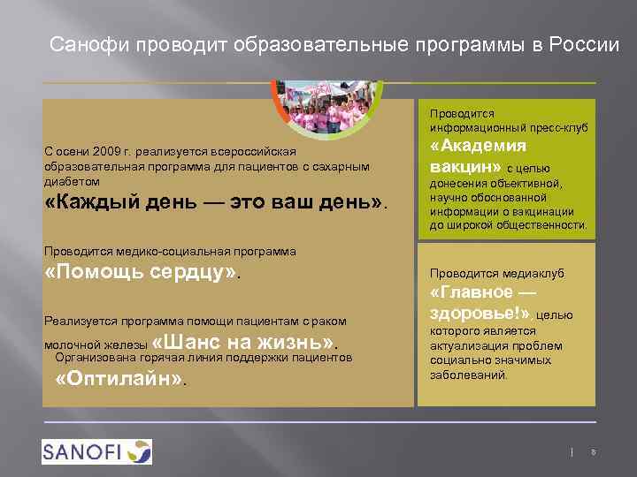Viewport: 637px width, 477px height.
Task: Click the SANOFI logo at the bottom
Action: click(96, 451)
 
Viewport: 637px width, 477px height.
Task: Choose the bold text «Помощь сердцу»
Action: click(142, 272)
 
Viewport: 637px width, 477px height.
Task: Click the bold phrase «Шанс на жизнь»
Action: click(246, 343)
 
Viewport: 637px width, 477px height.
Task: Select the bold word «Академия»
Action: click(479, 147)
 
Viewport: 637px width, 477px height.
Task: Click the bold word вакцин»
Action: click(465, 166)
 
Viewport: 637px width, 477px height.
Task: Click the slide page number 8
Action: click(593, 452)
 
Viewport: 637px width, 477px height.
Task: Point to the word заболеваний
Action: click(469, 375)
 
